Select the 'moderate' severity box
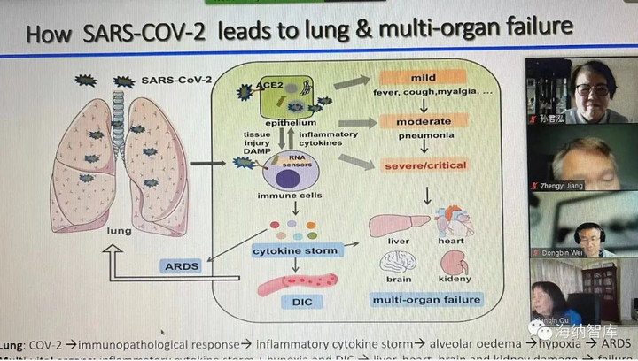point(410,119)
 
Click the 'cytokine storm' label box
point(284,250)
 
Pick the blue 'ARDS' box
point(183,265)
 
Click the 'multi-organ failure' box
point(427,299)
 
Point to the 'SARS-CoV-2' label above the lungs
point(176,81)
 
